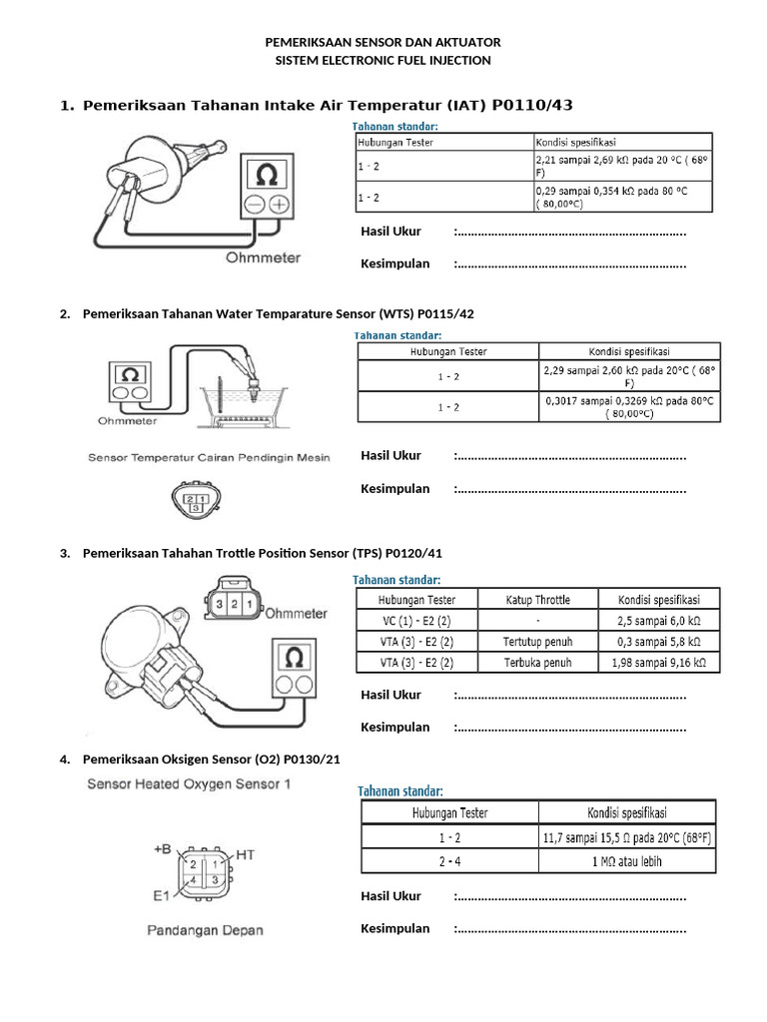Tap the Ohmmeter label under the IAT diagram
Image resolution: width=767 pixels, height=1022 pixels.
[263, 256]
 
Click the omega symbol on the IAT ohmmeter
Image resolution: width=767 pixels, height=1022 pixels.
[267, 176]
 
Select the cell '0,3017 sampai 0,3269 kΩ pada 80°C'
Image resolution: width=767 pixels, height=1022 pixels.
[628, 406]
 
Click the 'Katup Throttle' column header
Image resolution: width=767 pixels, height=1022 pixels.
[537, 599]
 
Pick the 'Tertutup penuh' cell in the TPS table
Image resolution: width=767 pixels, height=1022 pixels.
[537, 641]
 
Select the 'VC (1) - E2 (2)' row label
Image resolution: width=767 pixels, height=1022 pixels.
[416, 620]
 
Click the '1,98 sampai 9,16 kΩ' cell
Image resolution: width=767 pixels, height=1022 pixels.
[657, 662]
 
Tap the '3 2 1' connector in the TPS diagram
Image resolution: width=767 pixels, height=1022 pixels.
[232, 606]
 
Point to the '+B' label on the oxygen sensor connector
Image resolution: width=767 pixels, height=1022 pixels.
[163, 849]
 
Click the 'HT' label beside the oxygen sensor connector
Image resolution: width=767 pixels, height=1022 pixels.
[247, 855]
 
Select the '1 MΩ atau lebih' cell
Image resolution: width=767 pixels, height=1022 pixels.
[626, 860]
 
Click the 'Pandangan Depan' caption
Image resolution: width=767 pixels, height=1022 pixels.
[206, 930]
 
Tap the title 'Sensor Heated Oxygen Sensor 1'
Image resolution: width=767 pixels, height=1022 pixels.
[189, 783]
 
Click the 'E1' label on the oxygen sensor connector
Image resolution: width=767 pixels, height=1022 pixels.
[163, 895]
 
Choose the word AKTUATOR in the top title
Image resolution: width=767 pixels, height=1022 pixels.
[460, 43]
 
